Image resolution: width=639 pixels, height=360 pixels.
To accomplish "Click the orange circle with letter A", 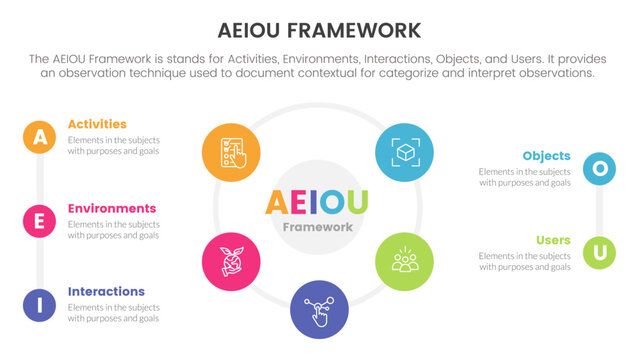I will point(39,137).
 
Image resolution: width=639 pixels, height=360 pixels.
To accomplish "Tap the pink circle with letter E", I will point(39,221).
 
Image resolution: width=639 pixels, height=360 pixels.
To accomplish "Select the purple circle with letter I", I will point(39,305).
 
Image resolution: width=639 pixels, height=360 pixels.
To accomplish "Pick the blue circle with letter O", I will point(599,168).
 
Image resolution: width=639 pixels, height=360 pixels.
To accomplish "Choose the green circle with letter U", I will point(599,252).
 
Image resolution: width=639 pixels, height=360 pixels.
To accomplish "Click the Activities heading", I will point(97,124).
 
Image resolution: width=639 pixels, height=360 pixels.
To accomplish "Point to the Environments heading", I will point(112,208).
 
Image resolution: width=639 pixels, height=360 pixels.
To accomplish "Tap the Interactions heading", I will point(106,292).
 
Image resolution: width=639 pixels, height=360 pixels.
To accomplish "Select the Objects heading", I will point(546,156).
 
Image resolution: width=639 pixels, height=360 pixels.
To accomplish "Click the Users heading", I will point(553,240).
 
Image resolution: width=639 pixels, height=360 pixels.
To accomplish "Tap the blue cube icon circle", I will point(404,152).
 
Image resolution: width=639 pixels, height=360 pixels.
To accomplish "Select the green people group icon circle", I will point(404,262).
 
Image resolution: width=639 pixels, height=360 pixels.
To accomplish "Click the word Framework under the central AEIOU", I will point(318,228).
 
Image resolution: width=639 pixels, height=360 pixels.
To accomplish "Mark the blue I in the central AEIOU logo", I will point(313,202).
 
